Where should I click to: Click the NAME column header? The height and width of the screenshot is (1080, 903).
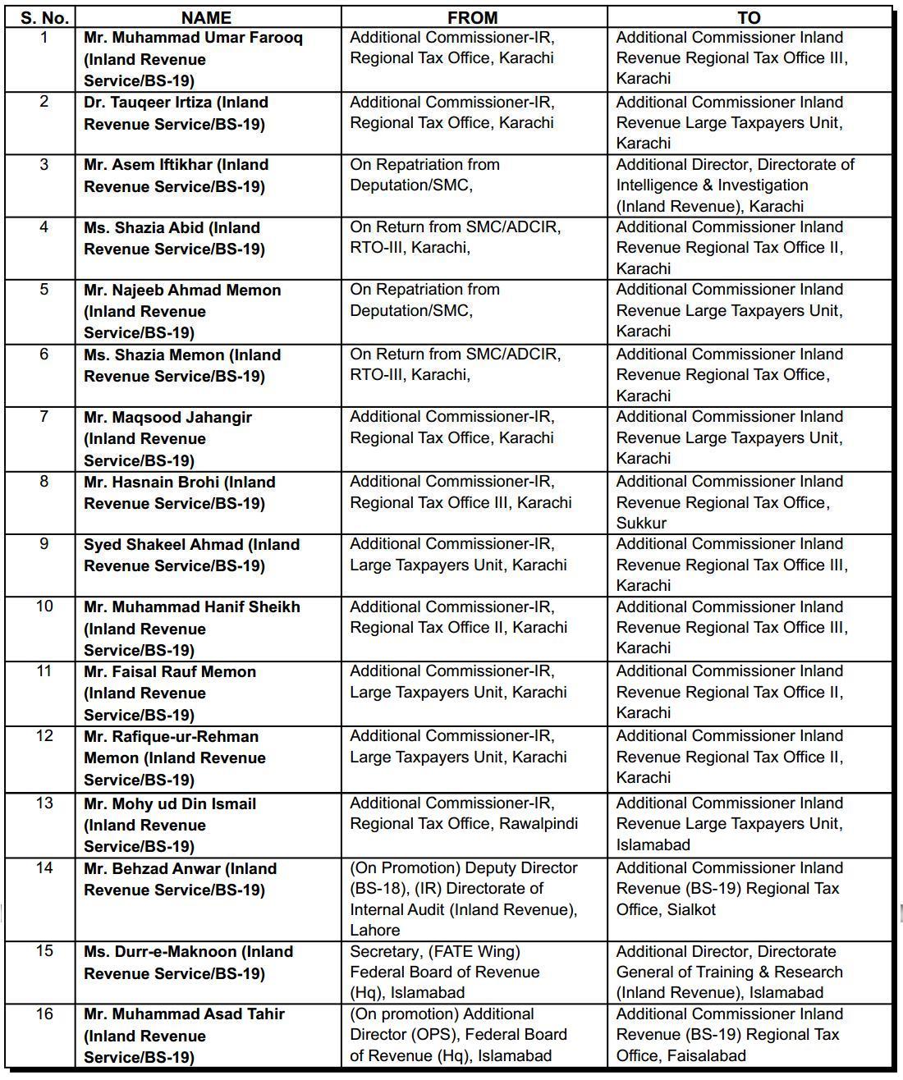(x=206, y=17)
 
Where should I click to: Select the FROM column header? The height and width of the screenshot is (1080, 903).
(x=473, y=17)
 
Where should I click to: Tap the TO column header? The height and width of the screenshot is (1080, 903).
(x=749, y=17)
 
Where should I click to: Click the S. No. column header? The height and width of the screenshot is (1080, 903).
(x=44, y=17)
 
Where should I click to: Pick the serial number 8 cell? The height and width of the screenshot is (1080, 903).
(x=44, y=482)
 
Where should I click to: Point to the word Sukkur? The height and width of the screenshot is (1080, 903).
(x=641, y=523)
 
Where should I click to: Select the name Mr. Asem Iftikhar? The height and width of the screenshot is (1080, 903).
(x=147, y=165)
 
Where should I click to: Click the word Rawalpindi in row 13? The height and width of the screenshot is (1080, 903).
(x=538, y=824)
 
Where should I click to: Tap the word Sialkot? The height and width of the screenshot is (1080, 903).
(x=691, y=909)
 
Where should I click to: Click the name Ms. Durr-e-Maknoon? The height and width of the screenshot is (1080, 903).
(x=161, y=952)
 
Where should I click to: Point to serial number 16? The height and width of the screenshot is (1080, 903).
(x=44, y=1014)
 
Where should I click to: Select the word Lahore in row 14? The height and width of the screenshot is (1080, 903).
(x=375, y=930)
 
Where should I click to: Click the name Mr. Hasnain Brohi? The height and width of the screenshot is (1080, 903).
(x=151, y=483)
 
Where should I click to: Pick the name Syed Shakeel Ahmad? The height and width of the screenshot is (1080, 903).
(x=163, y=545)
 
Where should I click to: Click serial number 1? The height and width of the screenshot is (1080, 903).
(x=44, y=38)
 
